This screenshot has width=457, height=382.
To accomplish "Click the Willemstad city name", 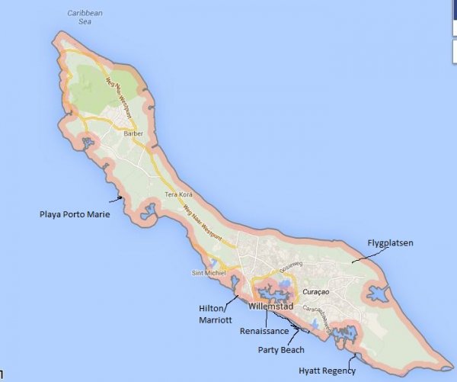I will click(x=270, y=307).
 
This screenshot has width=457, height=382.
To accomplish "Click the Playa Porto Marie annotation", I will click(x=75, y=214).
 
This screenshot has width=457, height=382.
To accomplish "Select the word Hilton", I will click(x=211, y=309).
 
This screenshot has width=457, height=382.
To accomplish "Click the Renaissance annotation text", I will click(x=264, y=331).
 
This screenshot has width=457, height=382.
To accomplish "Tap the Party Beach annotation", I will click(x=283, y=350).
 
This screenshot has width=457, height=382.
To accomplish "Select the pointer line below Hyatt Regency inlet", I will click(x=351, y=359).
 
